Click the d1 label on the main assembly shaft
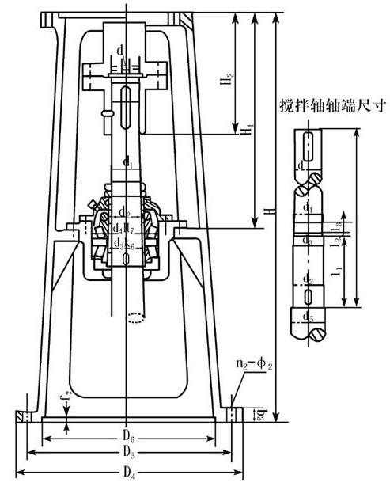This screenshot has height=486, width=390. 127,164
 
